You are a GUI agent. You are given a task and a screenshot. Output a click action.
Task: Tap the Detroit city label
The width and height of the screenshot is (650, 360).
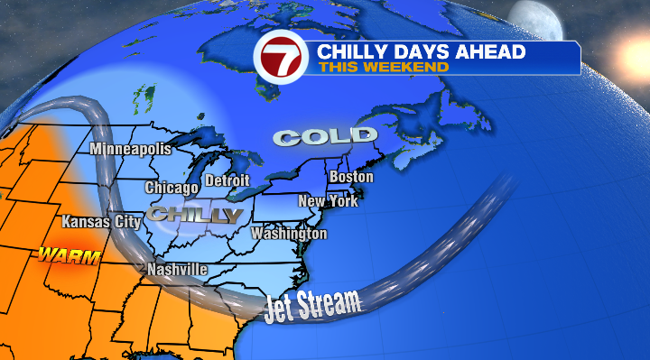[227, 180]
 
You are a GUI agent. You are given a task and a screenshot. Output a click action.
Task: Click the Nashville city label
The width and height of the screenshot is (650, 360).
[177, 270]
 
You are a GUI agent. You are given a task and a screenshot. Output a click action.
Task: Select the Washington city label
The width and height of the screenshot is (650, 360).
[289, 234]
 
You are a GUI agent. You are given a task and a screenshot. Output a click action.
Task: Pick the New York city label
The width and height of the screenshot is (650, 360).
[328, 201]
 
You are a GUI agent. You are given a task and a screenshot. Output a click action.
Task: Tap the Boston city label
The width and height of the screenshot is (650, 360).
[351, 177]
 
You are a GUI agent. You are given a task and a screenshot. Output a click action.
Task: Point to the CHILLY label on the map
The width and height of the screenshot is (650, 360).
[196, 216]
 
